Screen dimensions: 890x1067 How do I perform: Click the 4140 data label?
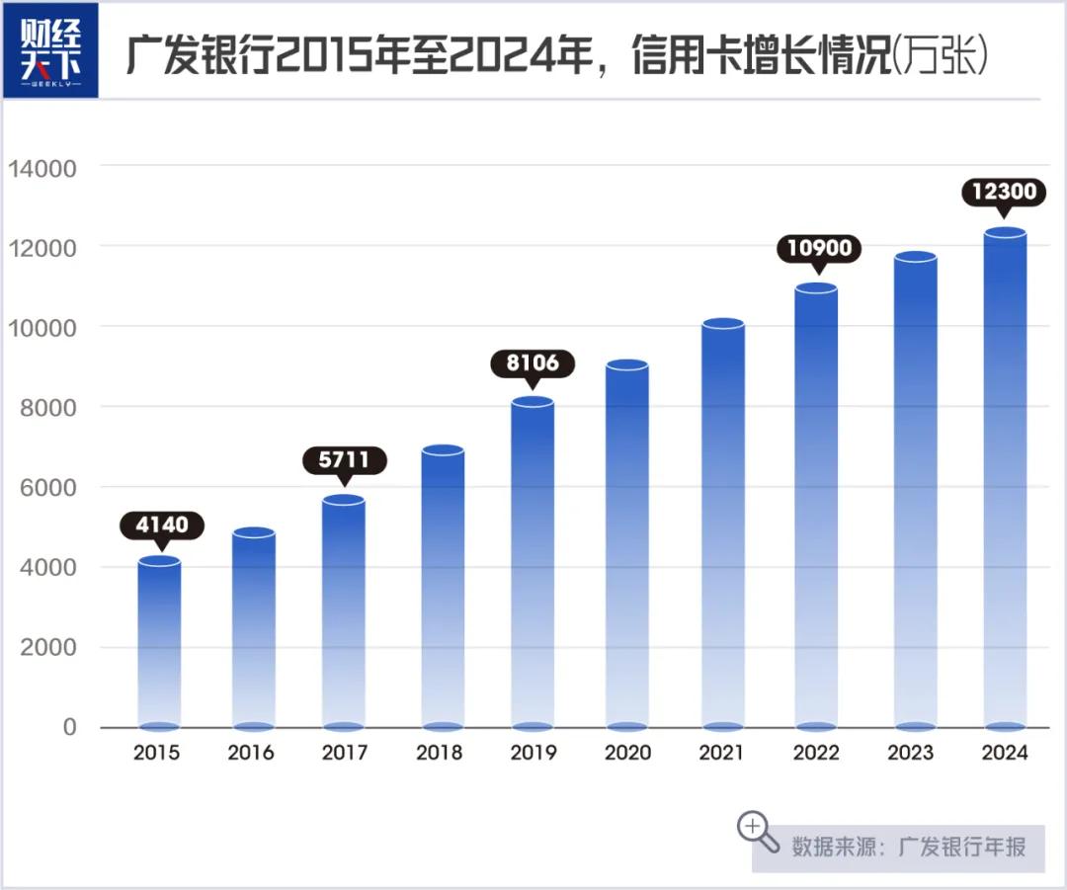click(x=161, y=525)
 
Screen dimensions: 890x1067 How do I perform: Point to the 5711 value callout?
click(x=345, y=459)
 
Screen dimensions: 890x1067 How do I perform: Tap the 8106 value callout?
click(x=533, y=363)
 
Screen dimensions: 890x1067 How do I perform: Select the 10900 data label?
click(x=819, y=247)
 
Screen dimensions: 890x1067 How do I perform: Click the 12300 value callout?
click(x=1004, y=192)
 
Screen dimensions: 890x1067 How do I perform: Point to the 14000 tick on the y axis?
click(x=42, y=168)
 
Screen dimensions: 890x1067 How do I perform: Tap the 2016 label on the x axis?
click(x=251, y=753)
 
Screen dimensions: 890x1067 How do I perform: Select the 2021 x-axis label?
click(x=721, y=753)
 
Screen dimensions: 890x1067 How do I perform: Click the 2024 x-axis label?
click(x=1005, y=753)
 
